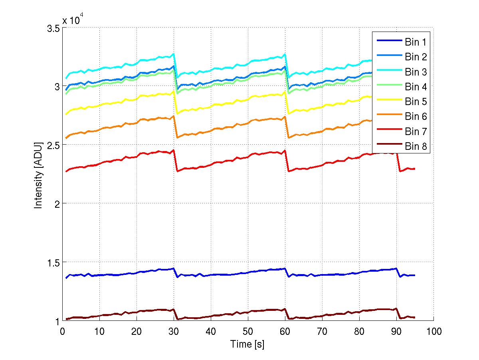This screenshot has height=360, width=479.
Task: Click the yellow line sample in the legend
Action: tap(388, 101)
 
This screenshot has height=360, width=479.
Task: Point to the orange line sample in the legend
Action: tap(388, 116)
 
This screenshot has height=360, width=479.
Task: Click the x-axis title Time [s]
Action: tap(247, 344)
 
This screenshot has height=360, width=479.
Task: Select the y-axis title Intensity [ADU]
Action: tap(39, 174)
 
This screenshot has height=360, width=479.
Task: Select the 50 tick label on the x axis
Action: tap(248, 331)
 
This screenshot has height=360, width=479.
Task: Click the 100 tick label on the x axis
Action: tap(433, 331)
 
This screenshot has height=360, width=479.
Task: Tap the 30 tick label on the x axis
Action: tap(174, 331)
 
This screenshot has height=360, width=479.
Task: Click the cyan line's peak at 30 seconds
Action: tap(174, 54)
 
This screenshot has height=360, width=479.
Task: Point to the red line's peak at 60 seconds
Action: tap(285, 151)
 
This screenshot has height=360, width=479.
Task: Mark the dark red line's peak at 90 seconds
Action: tap(396, 308)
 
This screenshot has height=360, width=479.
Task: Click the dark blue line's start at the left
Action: tap(66, 278)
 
